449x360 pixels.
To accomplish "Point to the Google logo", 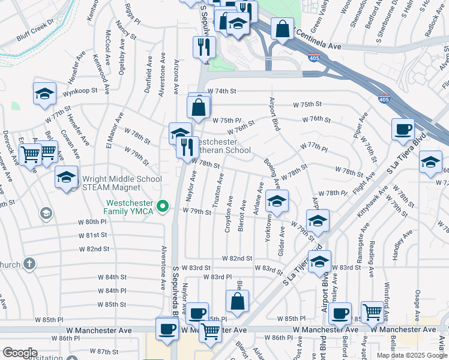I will (x=20, y=352).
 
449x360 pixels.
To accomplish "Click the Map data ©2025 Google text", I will (x=412, y=355).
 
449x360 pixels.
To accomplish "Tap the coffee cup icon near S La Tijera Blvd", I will (x=402, y=129).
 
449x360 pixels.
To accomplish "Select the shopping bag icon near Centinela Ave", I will (x=282, y=28).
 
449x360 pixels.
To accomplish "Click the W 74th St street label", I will (x=222, y=91).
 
